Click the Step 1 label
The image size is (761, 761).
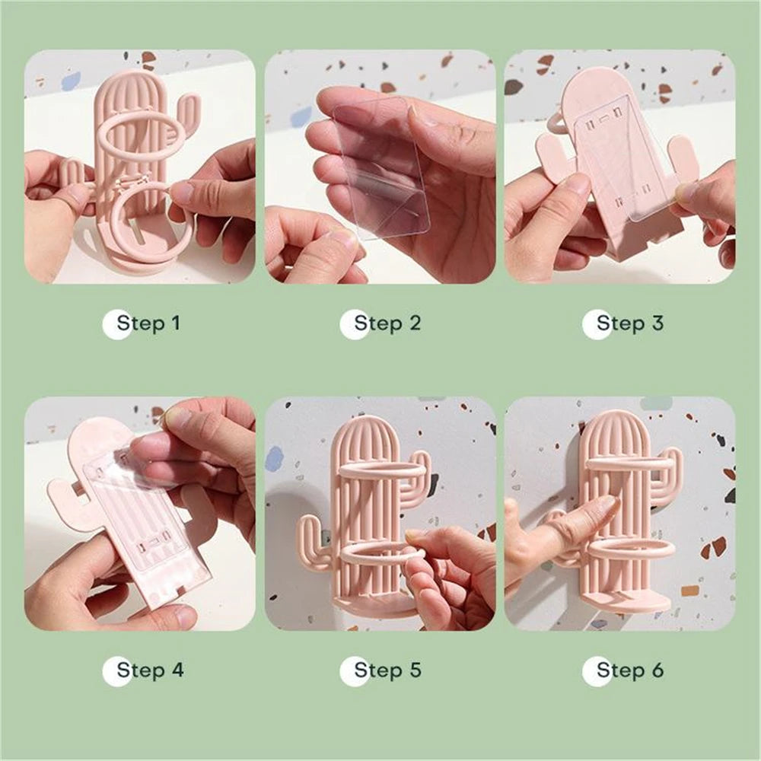tap(148, 323)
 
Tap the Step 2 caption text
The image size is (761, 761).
tap(387, 323)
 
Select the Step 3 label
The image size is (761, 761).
tap(629, 323)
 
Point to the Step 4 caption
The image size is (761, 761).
tap(150, 670)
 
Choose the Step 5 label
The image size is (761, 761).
tap(387, 670)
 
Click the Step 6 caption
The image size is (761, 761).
tap(629, 670)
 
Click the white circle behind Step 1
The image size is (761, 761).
tap(116, 324)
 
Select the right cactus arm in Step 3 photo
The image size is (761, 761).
tap(682, 160)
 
